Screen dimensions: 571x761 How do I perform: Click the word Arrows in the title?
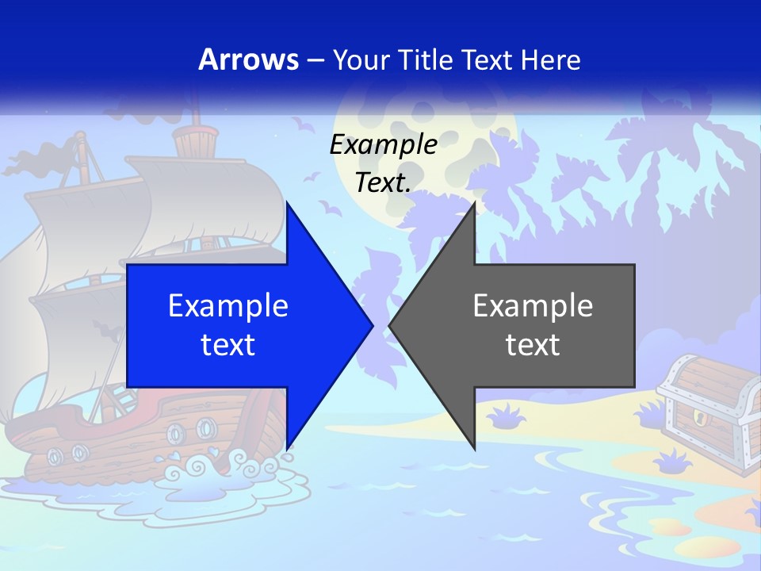pyautogui.click(x=248, y=59)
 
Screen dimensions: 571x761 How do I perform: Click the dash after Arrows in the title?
pyautogui.click(x=314, y=60)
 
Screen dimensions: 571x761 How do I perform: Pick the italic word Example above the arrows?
pyautogui.click(x=383, y=144)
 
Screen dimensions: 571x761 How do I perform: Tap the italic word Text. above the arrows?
pyautogui.click(x=383, y=182)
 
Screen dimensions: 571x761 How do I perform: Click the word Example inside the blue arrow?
pyautogui.click(x=228, y=305)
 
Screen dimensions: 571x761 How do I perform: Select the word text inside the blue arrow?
pyautogui.click(x=228, y=344)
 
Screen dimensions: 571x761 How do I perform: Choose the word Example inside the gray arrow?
pyautogui.click(x=533, y=305)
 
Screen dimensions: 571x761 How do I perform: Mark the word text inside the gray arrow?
pyautogui.click(x=533, y=344)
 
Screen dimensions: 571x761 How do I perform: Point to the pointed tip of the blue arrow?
pyautogui.click(x=371, y=325)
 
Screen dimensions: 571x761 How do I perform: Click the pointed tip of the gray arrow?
pyautogui.click(x=391, y=325)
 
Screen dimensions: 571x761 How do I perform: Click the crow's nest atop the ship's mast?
pyautogui.click(x=193, y=143)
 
